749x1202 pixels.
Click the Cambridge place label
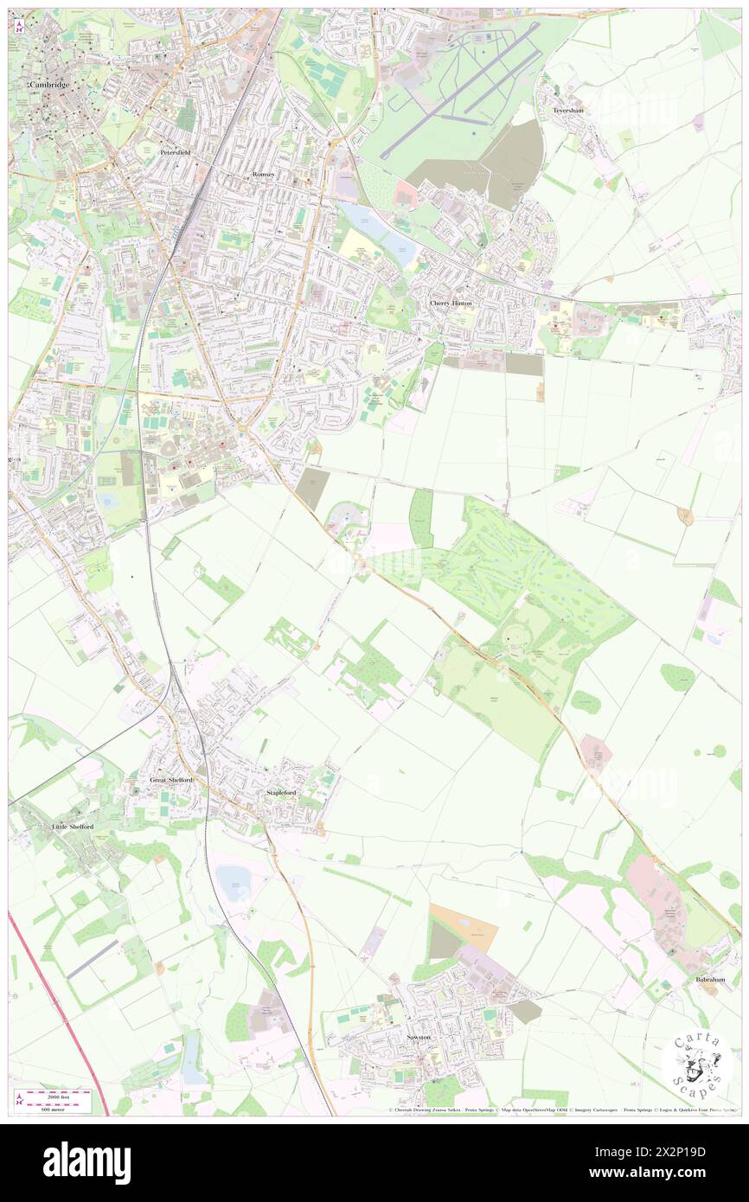[48, 86]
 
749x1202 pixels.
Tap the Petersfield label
[175, 152]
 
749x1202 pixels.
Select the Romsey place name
[263, 174]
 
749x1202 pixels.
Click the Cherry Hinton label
[451, 304]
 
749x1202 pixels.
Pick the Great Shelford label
[170, 780]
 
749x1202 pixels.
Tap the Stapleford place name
[281, 792]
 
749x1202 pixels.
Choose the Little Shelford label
[73, 827]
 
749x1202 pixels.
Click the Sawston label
[419, 1036]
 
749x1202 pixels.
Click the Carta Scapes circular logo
[697, 1065]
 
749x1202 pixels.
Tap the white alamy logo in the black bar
[86, 1163]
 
